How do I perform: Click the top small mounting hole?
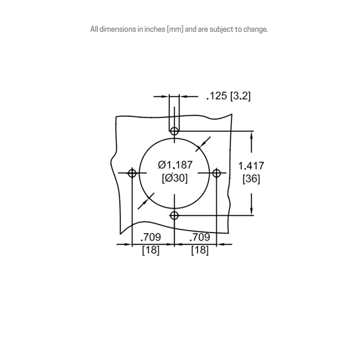(x=175, y=130)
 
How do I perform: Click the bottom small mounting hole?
(x=175, y=216)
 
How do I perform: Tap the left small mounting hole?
(x=132, y=173)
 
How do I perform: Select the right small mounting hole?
(x=216, y=173)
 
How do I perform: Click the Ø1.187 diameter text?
(x=175, y=165)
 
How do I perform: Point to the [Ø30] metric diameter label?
(x=175, y=178)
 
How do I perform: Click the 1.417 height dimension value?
(x=251, y=166)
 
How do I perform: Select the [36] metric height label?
(x=251, y=179)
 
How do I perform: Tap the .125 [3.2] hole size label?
(x=228, y=96)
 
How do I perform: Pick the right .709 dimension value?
(x=199, y=237)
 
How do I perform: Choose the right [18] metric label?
(x=199, y=250)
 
